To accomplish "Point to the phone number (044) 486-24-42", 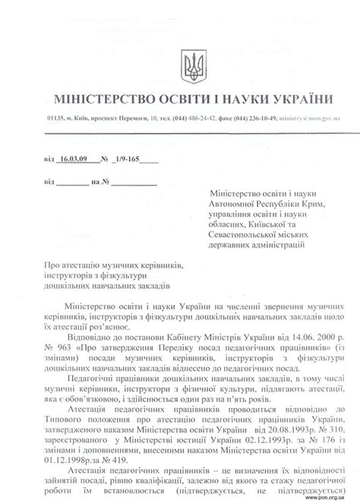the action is (x=198, y=119).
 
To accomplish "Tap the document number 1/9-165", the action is (x=128, y=160).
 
